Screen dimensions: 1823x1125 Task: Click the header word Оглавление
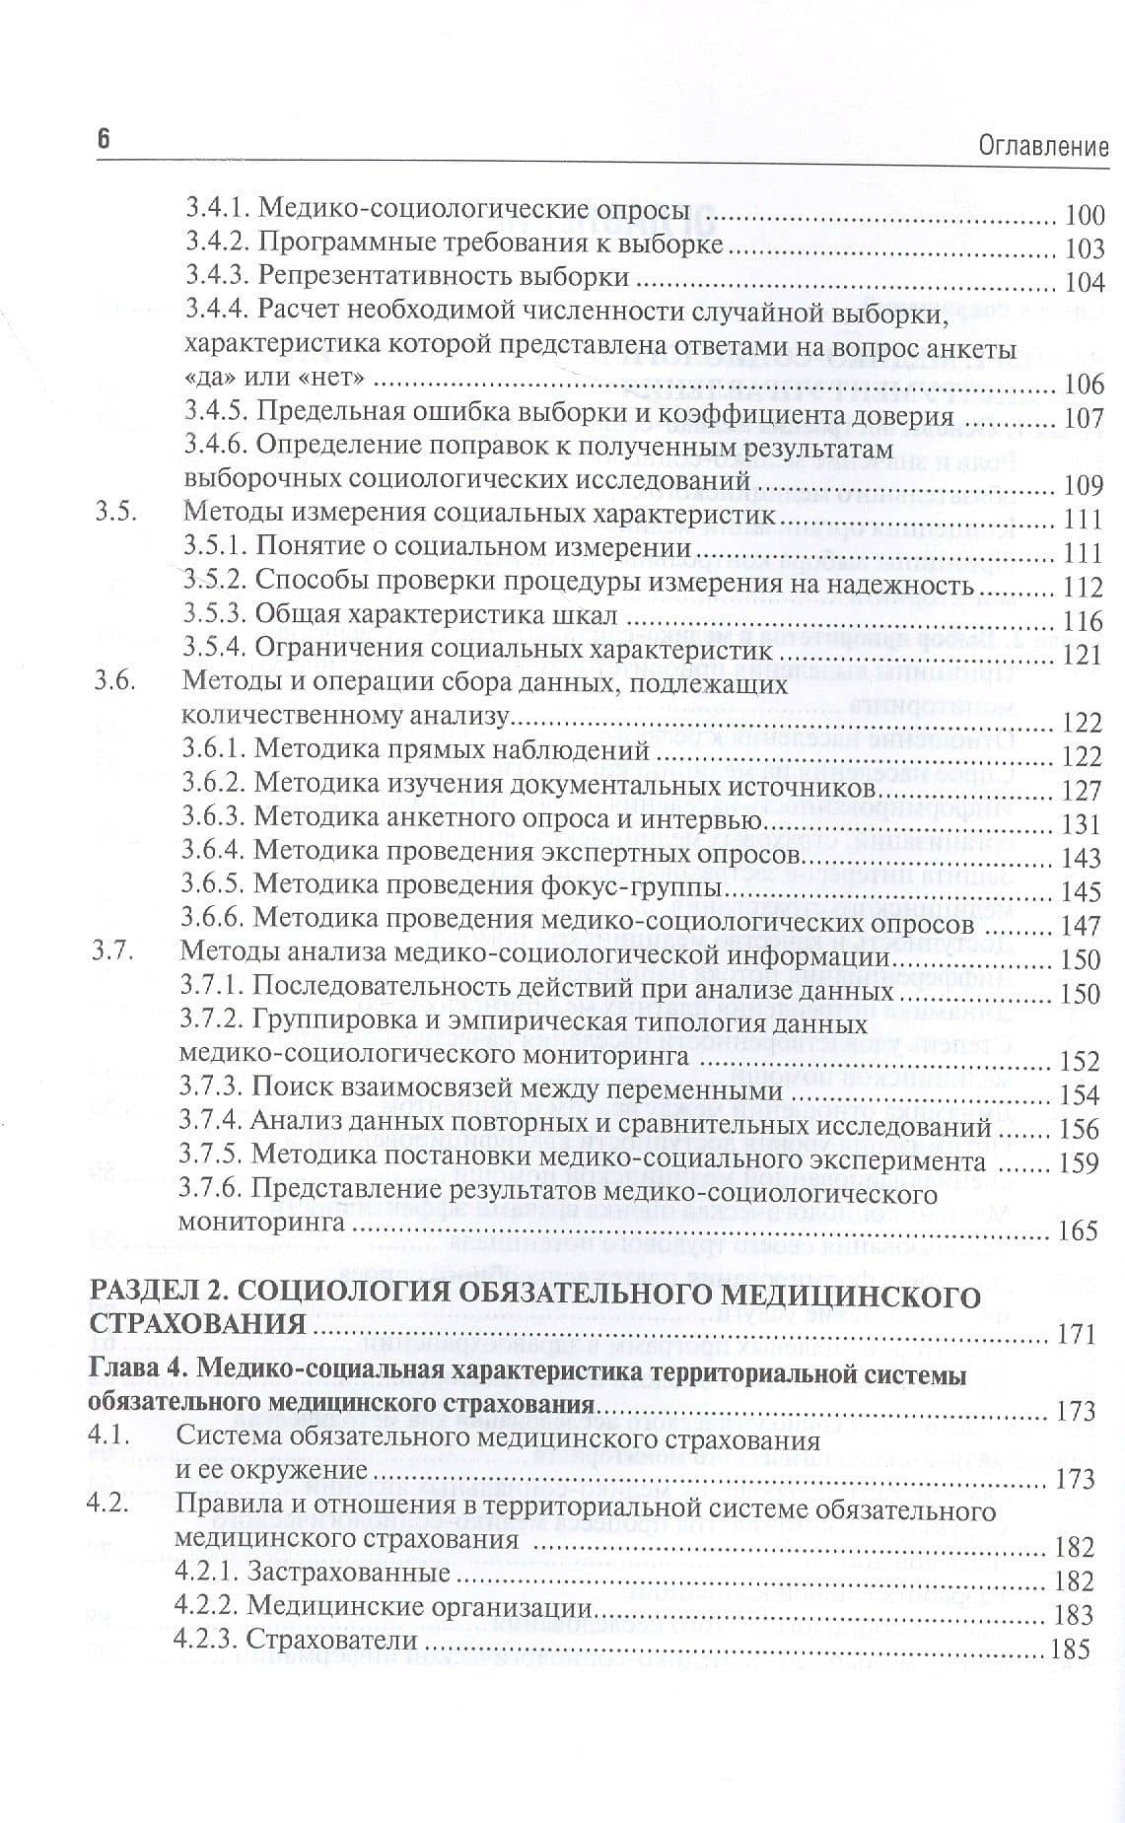(1044, 148)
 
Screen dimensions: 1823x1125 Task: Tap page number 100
(1083, 216)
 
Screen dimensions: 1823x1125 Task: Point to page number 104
(1083, 282)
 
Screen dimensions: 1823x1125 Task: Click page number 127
(1080, 792)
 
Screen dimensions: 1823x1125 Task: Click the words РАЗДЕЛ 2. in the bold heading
(155, 1294)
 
